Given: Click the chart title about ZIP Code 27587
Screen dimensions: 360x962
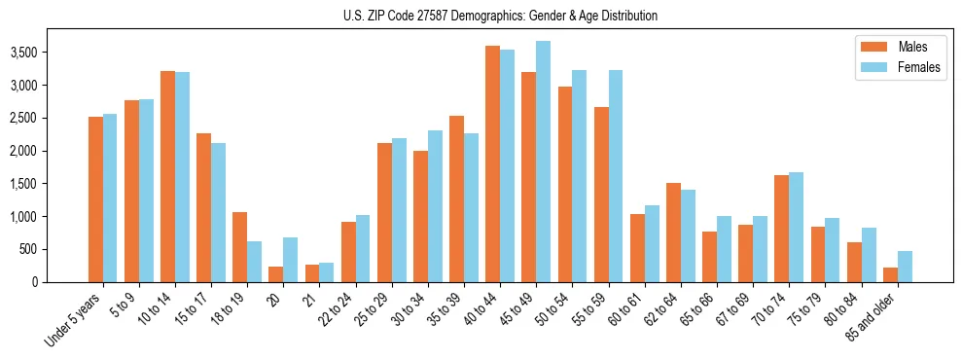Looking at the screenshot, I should tap(500, 16).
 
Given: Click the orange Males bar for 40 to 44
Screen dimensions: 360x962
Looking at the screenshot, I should tap(492, 163).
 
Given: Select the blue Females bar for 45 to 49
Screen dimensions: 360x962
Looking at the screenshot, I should tap(543, 162).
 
